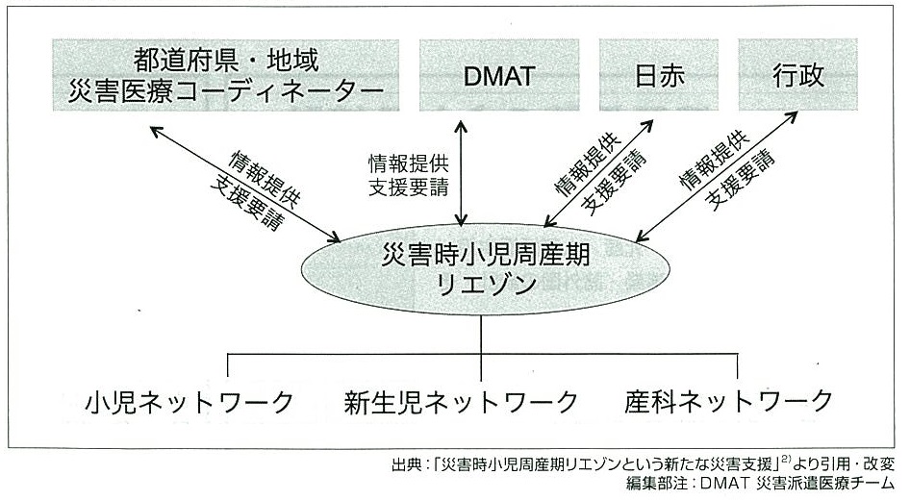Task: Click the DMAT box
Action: [x=499, y=75]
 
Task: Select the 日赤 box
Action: [x=659, y=75]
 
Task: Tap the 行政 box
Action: [x=798, y=75]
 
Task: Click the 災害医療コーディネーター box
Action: [x=226, y=75]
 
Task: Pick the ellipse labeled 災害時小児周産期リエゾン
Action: [x=486, y=269]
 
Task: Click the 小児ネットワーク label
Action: [x=190, y=402]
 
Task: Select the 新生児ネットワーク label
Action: [x=462, y=402]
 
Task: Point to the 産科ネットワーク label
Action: [x=728, y=401]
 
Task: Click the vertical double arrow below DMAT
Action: [x=461, y=173]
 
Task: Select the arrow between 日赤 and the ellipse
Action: [x=598, y=173]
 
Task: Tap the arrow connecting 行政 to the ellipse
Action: [x=716, y=176]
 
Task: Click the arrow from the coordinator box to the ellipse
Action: [x=245, y=184]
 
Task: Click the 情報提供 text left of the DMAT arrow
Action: [x=409, y=163]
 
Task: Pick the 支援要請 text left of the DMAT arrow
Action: [x=409, y=187]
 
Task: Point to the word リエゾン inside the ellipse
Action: [x=487, y=285]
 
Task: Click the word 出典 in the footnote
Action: [x=406, y=464]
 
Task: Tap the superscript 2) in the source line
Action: [x=786, y=460]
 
